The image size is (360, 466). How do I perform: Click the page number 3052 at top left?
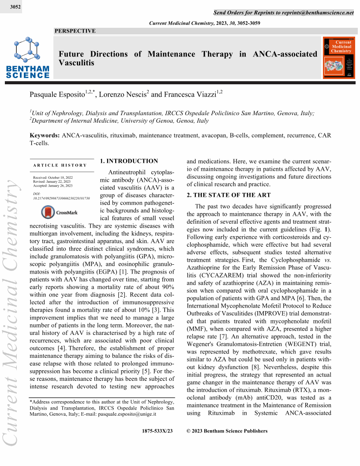pos(14,7)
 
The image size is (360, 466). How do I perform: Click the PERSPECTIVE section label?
pos(75,31)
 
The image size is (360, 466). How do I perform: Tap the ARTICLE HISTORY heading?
pos(60,165)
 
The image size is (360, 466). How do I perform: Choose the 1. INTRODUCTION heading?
pos(129,161)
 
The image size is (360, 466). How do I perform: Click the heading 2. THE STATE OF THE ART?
pos(229,195)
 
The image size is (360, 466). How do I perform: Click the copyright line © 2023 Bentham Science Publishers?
pos(227,431)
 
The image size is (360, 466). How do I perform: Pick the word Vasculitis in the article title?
pos(76,63)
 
